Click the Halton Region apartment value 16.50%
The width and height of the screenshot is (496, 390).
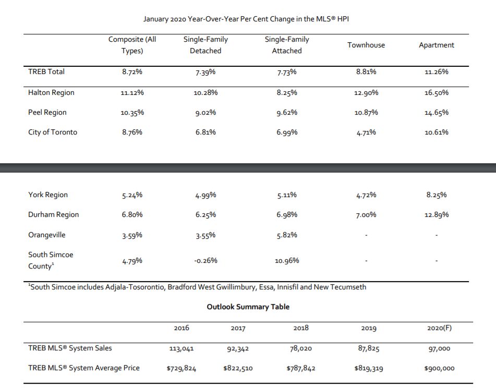tap(436, 93)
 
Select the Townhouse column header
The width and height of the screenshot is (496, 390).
tap(366, 45)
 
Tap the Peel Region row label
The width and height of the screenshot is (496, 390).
tap(47, 112)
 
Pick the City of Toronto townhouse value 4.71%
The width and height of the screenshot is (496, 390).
tap(366, 132)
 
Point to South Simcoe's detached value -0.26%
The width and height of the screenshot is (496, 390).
tap(205, 260)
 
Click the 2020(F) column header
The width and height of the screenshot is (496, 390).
tap(439, 328)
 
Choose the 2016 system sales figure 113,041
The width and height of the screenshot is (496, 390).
tap(182, 349)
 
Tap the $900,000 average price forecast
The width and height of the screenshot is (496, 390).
tap(439, 368)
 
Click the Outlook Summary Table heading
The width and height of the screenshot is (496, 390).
tap(248, 307)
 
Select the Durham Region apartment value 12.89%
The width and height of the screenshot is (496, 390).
tap(436, 215)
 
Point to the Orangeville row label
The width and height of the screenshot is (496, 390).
tap(47, 235)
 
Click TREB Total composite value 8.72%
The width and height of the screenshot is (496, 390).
tap(132, 72)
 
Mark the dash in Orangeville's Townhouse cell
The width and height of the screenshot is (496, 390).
tap(366, 235)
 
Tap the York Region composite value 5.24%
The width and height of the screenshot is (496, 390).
tap(132, 195)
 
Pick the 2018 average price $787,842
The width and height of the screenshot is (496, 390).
tap(301, 368)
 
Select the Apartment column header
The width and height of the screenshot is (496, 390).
tap(436, 45)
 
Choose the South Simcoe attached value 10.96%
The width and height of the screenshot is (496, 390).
tap(286, 260)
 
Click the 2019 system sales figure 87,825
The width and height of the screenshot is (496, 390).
tap(369, 349)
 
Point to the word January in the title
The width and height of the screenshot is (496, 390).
tap(155, 19)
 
